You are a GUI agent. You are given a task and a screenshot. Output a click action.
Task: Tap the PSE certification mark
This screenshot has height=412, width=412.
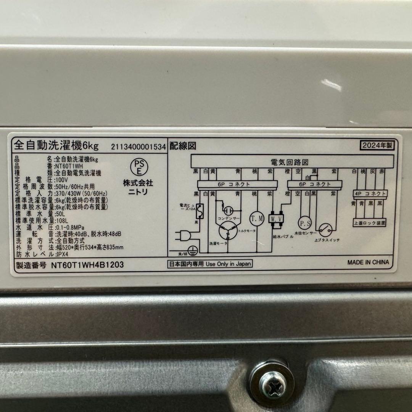(138, 166)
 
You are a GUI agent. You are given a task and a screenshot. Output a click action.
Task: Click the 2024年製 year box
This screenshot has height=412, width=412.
(377, 145)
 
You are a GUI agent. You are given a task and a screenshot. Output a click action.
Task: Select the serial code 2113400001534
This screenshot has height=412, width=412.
(138, 147)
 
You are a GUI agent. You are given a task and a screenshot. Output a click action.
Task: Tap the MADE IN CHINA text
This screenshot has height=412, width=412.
(368, 262)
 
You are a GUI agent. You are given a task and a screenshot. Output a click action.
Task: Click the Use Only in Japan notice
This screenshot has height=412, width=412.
(210, 264)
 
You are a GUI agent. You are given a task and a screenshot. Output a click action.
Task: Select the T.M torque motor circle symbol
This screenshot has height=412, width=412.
(256, 218)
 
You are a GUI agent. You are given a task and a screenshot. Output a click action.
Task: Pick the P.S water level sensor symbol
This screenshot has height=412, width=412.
(304, 222)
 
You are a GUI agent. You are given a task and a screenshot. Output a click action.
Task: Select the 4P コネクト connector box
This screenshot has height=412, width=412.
(370, 193)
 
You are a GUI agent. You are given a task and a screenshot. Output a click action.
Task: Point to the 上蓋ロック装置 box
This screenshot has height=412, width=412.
(370, 222)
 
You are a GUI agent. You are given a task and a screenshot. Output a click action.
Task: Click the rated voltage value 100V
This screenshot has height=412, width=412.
(61, 179)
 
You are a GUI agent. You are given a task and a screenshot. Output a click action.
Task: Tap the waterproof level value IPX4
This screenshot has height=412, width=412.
(62, 254)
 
